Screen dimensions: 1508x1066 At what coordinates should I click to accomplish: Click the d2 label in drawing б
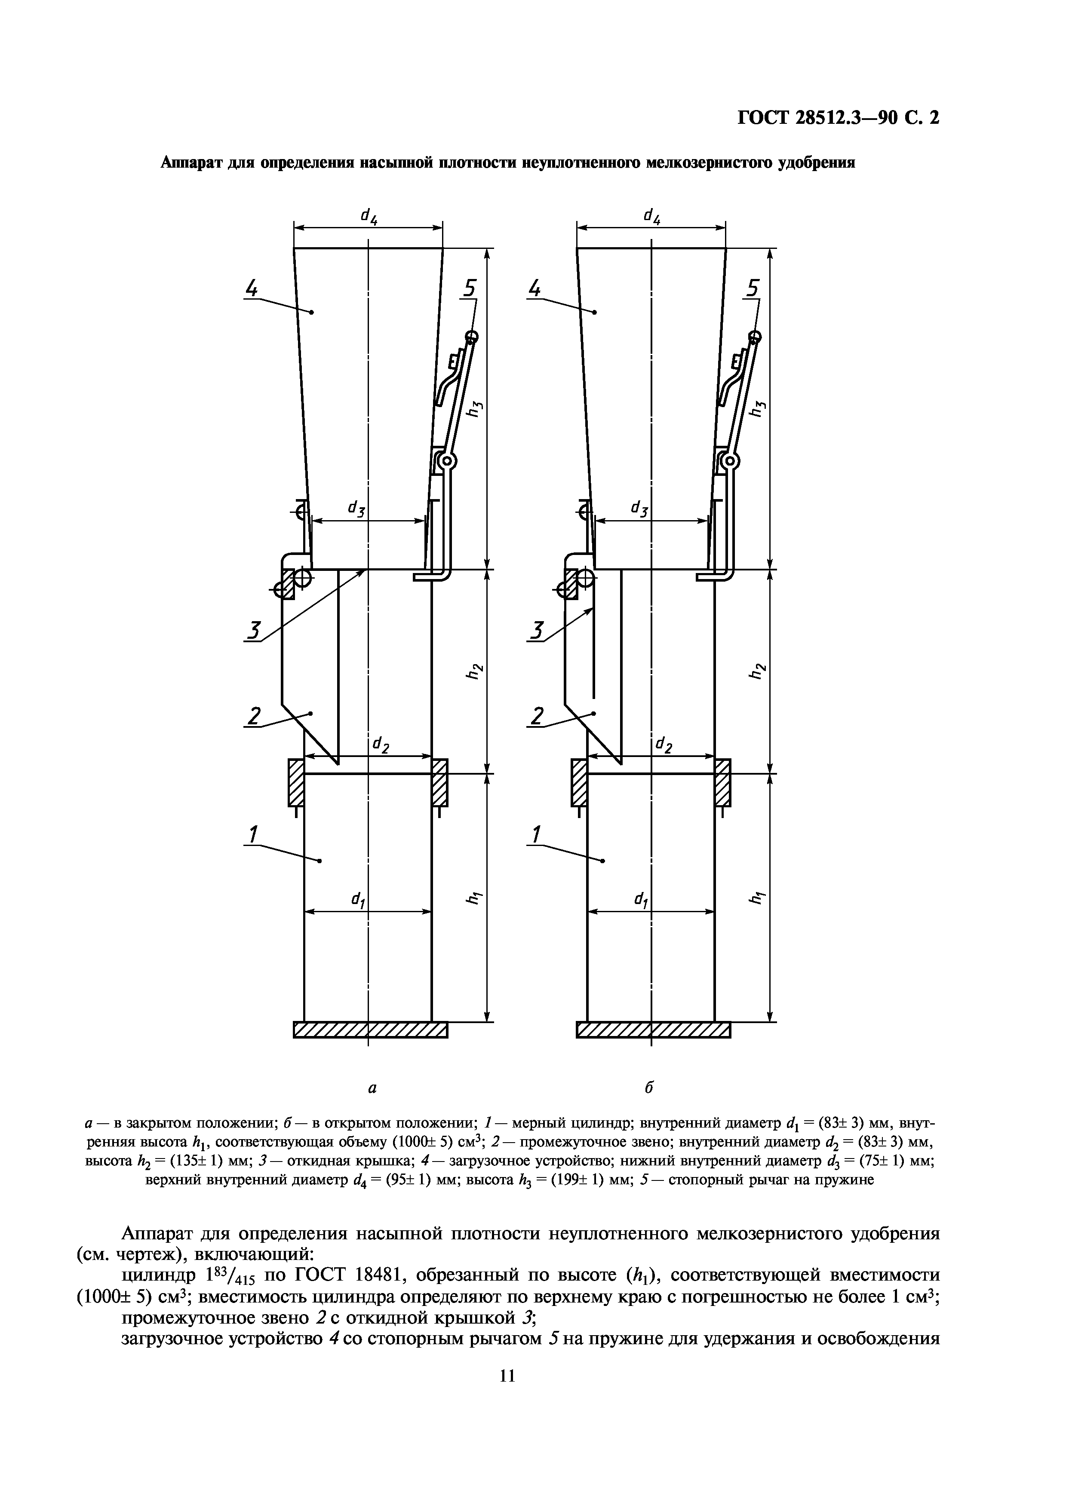[x=664, y=745]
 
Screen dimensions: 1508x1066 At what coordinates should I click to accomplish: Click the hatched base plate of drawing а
[x=370, y=1030]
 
